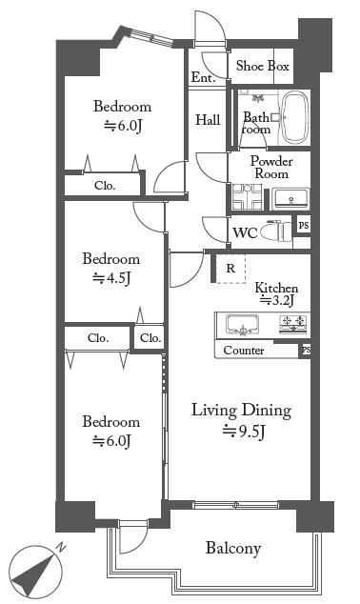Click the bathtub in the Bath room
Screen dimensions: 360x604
tap(295, 117)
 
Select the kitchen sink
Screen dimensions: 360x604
tap(242, 325)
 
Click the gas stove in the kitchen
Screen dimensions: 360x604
tap(293, 324)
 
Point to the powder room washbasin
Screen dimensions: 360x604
tap(290, 199)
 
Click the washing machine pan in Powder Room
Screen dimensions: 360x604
tap(248, 197)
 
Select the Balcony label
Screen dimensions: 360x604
tap(233, 548)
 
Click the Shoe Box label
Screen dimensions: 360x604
tap(262, 66)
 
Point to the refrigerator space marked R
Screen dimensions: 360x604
tap(230, 269)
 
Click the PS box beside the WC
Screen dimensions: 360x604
tap(304, 225)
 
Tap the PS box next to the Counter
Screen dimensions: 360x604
tap(306, 351)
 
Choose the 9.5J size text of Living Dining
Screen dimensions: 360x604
tap(244, 432)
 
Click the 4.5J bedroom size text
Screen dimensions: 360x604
tap(110, 277)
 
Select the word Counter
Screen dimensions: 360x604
tap(244, 351)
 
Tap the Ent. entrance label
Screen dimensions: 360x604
tap(203, 77)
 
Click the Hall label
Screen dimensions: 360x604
tap(208, 120)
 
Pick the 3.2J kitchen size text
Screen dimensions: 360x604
tap(277, 300)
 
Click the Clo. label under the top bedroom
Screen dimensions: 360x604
tap(105, 186)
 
